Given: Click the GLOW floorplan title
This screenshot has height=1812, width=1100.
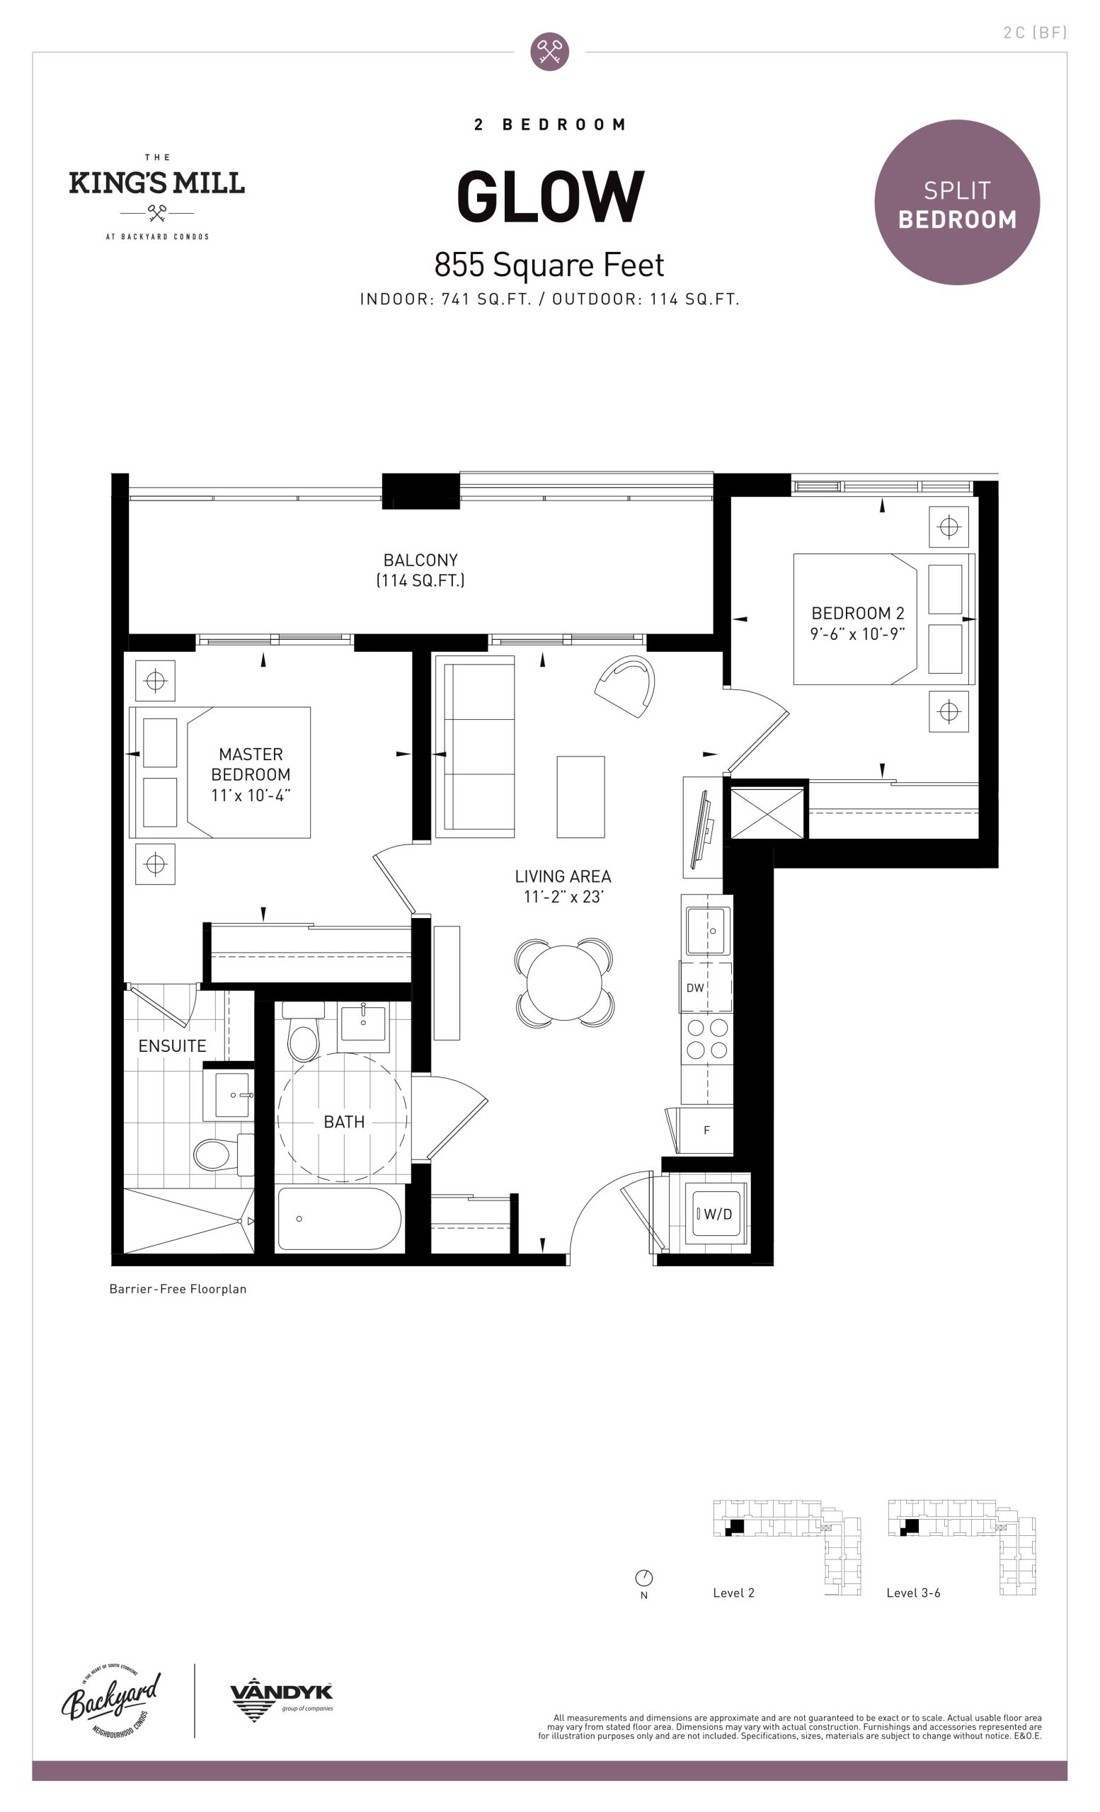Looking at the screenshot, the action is pyautogui.click(x=550, y=196).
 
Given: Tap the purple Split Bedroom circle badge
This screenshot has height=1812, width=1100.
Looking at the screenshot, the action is pyautogui.click(x=956, y=202).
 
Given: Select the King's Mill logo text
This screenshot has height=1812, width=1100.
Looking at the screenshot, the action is pyautogui.click(x=156, y=183).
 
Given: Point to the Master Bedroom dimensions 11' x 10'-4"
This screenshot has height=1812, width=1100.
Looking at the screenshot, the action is pyautogui.click(x=251, y=795).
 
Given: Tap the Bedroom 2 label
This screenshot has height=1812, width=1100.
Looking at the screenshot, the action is pyautogui.click(x=857, y=613).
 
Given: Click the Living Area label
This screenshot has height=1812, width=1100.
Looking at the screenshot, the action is pyautogui.click(x=563, y=876).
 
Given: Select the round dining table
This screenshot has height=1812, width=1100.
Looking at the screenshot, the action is pyautogui.click(x=564, y=982).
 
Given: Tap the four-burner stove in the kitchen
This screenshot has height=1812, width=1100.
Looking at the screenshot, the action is pyautogui.click(x=706, y=1038).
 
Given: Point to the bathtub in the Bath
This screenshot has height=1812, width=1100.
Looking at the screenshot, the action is pyautogui.click(x=340, y=1219).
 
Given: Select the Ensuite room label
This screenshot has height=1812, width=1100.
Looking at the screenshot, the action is pyautogui.click(x=172, y=1045).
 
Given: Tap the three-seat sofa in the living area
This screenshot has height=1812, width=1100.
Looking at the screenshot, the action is pyautogui.click(x=475, y=747).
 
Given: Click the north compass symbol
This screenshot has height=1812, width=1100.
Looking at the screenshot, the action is pyautogui.click(x=643, y=1578).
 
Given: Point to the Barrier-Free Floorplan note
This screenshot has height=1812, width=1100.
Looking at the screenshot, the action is pyautogui.click(x=178, y=1289).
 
